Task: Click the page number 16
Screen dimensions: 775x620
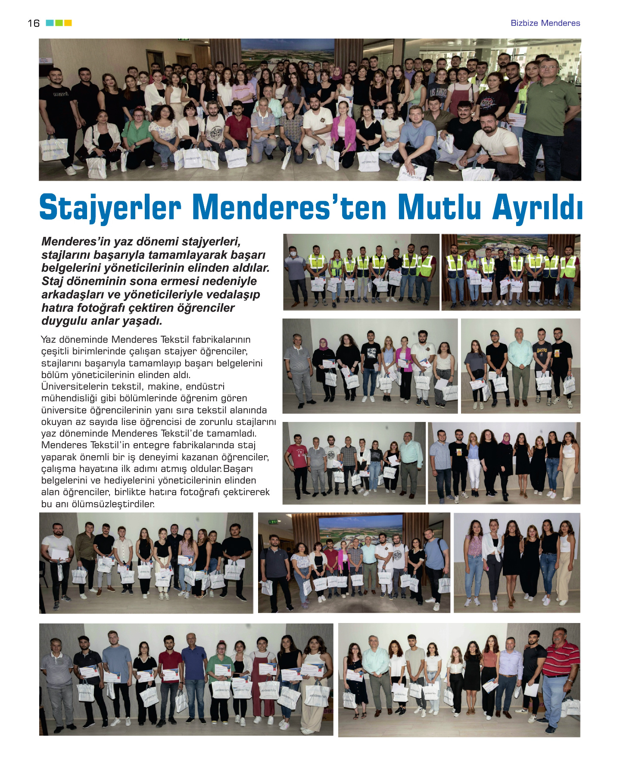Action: pos(34,23)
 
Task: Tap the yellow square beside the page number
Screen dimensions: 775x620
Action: pos(68,23)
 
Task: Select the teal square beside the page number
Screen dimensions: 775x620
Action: pos(50,23)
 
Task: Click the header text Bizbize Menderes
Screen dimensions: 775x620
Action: pos(545,23)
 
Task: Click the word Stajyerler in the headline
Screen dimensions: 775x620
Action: pos(110,208)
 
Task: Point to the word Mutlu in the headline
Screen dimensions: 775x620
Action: pos(439,208)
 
